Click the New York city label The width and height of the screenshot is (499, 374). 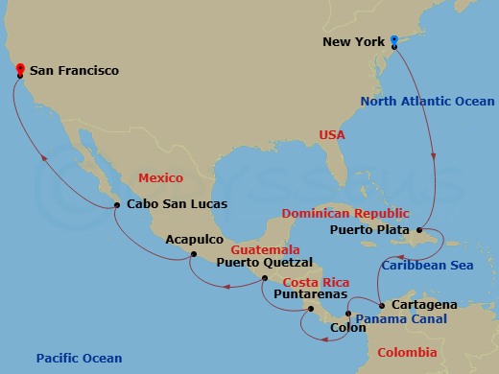(356, 42)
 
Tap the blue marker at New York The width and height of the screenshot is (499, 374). (394, 40)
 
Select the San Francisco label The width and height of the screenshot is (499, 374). (74, 71)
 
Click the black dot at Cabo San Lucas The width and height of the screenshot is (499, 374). (116, 204)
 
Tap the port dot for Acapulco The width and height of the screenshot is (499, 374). (194, 254)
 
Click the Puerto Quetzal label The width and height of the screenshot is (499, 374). (265, 261)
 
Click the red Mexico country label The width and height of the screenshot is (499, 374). (160, 178)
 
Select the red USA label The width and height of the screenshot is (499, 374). (332, 135)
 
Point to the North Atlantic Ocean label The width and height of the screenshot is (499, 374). (427, 102)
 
